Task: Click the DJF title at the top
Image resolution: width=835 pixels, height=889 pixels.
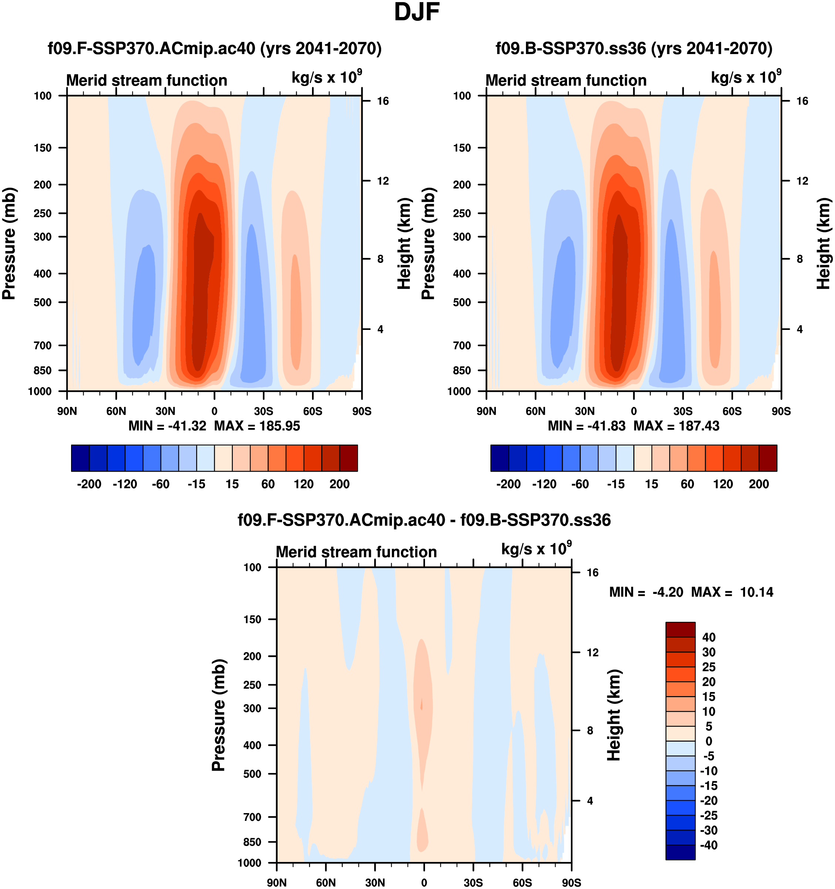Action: (417, 13)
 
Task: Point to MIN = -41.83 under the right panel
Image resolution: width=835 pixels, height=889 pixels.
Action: (587, 426)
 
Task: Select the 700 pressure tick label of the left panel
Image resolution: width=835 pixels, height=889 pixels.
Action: (43, 345)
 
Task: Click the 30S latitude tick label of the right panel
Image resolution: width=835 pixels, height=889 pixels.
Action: (683, 411)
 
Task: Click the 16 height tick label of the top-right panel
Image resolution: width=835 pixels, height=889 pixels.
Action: (802, 101)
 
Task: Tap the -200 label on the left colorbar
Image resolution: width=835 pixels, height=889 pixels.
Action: (89, 484)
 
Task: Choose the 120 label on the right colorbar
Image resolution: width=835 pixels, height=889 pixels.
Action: (723, 484)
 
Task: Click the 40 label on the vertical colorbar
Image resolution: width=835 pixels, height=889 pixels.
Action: (709, 637)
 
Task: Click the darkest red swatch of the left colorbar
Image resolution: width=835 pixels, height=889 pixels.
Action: (349, 458)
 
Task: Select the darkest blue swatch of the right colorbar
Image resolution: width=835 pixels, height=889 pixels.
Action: (499, 458)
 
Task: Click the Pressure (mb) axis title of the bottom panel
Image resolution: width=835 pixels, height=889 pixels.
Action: (218, 715)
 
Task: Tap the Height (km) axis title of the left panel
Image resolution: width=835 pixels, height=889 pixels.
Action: (404, 244)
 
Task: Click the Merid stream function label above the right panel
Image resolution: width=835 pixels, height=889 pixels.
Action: (566, 80)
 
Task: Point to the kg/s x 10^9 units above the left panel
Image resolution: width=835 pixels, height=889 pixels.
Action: (326, 77)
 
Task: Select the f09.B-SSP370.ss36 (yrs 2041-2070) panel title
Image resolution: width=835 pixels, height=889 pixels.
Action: (634, 48)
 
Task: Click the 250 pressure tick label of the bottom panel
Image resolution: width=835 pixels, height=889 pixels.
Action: (252, 685)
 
